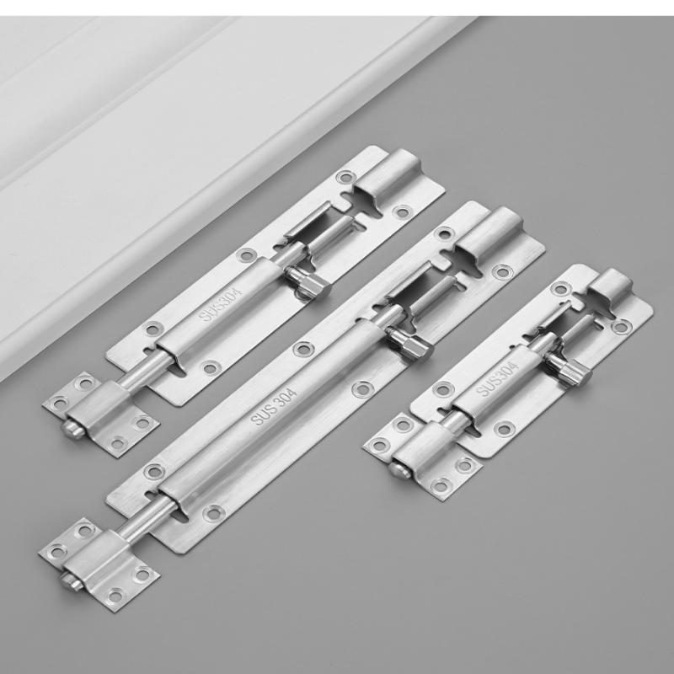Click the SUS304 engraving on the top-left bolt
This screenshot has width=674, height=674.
tap(220, 304)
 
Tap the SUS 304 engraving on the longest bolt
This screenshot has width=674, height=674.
tap(273, 407)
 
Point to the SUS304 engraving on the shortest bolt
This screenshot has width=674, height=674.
tap(497, 379)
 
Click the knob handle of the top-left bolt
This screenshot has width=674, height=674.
tap(308, 281)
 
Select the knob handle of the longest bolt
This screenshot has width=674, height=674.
tap(409, 343)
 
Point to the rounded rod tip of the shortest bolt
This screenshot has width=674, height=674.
tap(400, 470)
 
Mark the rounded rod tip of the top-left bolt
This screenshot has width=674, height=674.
tap(73, 429)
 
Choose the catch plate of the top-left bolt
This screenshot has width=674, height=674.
tap(101, 415)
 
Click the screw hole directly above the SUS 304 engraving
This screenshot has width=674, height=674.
tap(303, 349)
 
